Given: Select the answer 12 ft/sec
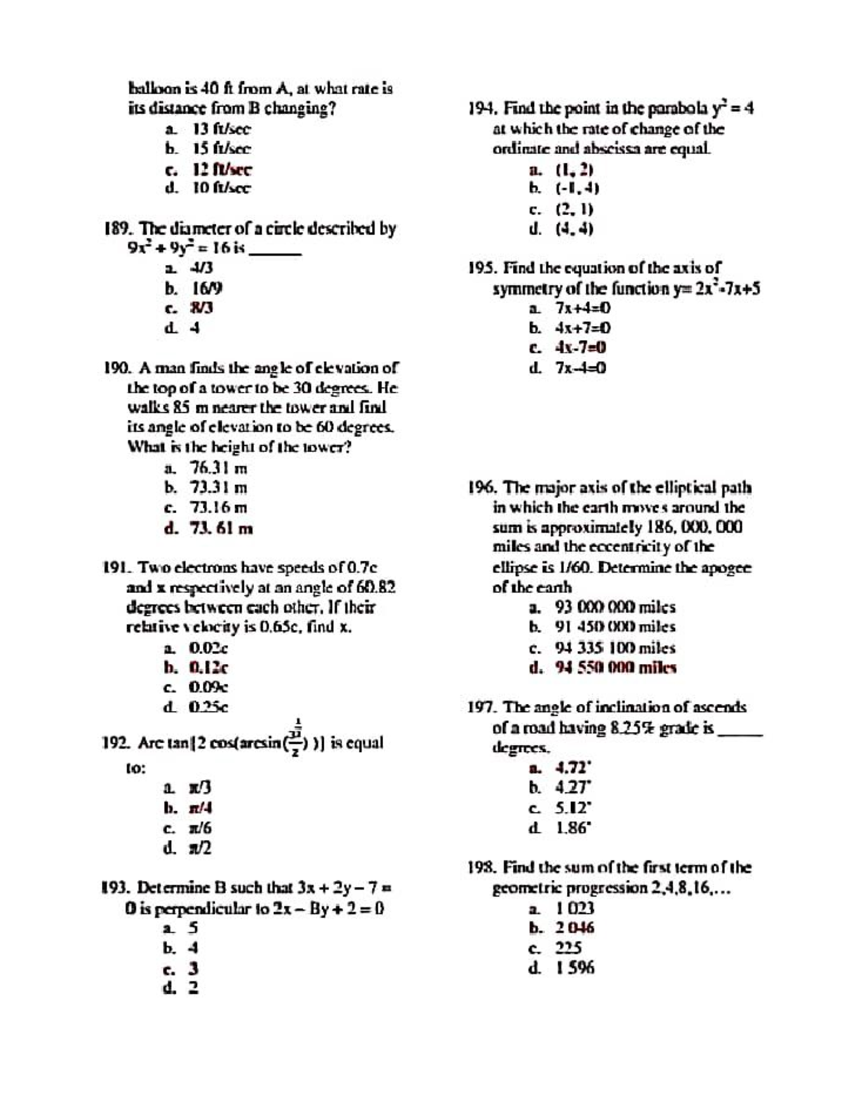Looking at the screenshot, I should [x=222, y=169].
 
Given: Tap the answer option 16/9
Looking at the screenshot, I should [x=208, y=288].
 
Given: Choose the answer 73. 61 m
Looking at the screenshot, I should [x=221, y=528].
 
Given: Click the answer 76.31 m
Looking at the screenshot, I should [x=218, y=468].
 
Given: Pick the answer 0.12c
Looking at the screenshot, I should [x=208, y=667].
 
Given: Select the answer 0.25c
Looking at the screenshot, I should [x=208, y=707].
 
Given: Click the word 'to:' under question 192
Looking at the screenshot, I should [x=136, y=768].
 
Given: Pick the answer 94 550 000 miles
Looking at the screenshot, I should [x=615, y=667].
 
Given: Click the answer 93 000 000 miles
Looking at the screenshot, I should [x=615, y=607].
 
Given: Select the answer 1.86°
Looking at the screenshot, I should [x=574, y=828].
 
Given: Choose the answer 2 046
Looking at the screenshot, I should [x=575, y=928].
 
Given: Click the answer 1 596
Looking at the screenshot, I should [x=575, y=968].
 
